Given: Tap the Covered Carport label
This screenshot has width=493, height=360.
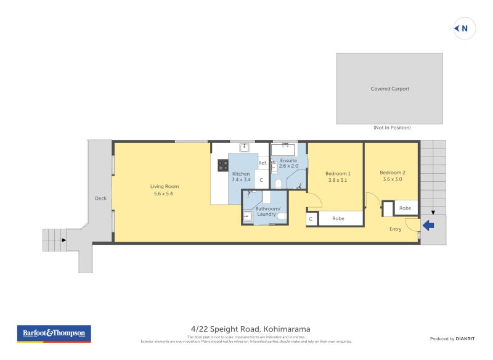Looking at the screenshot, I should point(389,89).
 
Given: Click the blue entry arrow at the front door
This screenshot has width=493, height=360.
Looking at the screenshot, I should point(428,226).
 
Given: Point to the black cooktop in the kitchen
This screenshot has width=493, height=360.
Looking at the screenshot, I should point(222,165).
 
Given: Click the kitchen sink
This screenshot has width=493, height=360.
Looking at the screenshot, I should point(244,147).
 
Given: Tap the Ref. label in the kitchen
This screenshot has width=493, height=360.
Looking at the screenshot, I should point(262,163).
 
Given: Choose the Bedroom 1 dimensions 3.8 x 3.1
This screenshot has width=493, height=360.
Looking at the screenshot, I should point(338,181).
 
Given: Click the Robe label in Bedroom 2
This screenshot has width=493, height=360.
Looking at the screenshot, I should point(405,208).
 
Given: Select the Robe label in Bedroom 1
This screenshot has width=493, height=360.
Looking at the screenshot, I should point(338,218).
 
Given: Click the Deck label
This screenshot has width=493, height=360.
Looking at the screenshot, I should point(100,198).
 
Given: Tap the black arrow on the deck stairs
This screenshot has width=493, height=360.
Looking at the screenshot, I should point(63,240).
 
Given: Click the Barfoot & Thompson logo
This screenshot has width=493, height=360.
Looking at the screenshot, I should point(54,333).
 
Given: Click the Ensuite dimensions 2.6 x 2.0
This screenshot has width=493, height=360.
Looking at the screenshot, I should point(288,166).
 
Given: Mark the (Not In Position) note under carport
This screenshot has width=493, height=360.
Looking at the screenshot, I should point(392,128).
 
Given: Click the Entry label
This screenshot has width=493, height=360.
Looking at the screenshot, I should point(395,229).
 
